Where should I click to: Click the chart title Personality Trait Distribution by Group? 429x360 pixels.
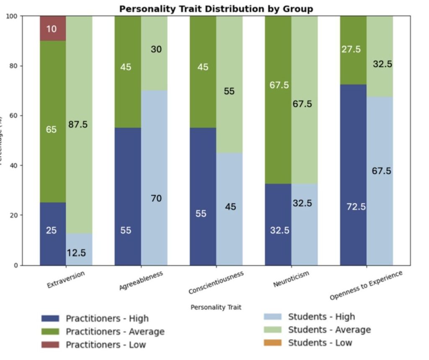click(x=216, y=9)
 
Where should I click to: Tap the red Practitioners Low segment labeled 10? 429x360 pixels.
click(x=53, y=28)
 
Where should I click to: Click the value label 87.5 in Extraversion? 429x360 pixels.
click(x=78, y=124)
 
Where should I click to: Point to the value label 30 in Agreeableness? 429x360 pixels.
click(x=156, y=49)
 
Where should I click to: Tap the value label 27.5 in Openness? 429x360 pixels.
click(x=351, y=49)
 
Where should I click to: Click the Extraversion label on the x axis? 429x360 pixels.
click(x=66, y=280)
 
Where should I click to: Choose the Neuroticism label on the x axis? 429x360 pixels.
click(x=291, y=279)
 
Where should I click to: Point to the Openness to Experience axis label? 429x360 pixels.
click(x=366, y=285)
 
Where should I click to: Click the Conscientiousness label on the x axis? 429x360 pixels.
click(x=216, y=283)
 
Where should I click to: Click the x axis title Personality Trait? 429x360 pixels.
click(x=216, y=307)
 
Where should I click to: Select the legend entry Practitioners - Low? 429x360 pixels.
click(x=106, y=345)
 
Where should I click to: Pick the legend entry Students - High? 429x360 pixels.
click(x=321, y=317)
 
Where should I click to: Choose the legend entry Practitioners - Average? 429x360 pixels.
click(x=115, y=332)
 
